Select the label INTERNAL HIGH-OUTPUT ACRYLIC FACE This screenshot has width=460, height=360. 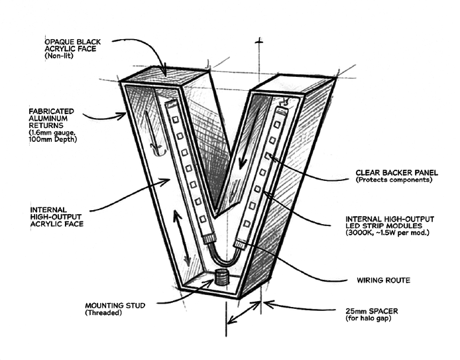coord(57,216)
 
